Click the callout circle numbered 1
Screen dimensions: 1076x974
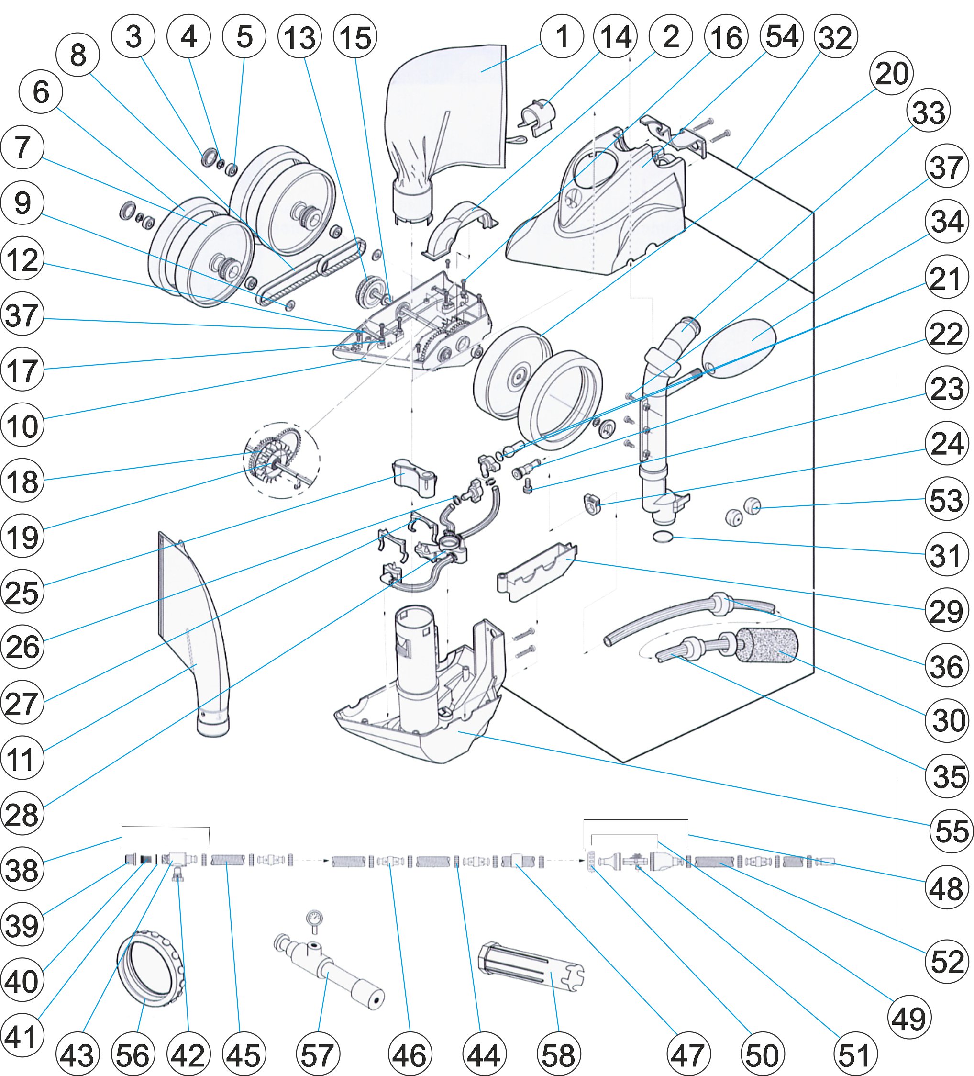(562, 36)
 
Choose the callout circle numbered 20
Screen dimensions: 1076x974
(891, 73)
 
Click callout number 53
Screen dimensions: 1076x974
(946, 499)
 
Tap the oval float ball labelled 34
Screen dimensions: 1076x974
(739, 347)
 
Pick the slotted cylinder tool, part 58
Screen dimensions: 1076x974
(531, 967)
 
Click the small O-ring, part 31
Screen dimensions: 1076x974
(663, 537)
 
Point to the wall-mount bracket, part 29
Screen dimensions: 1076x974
(536, 574)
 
